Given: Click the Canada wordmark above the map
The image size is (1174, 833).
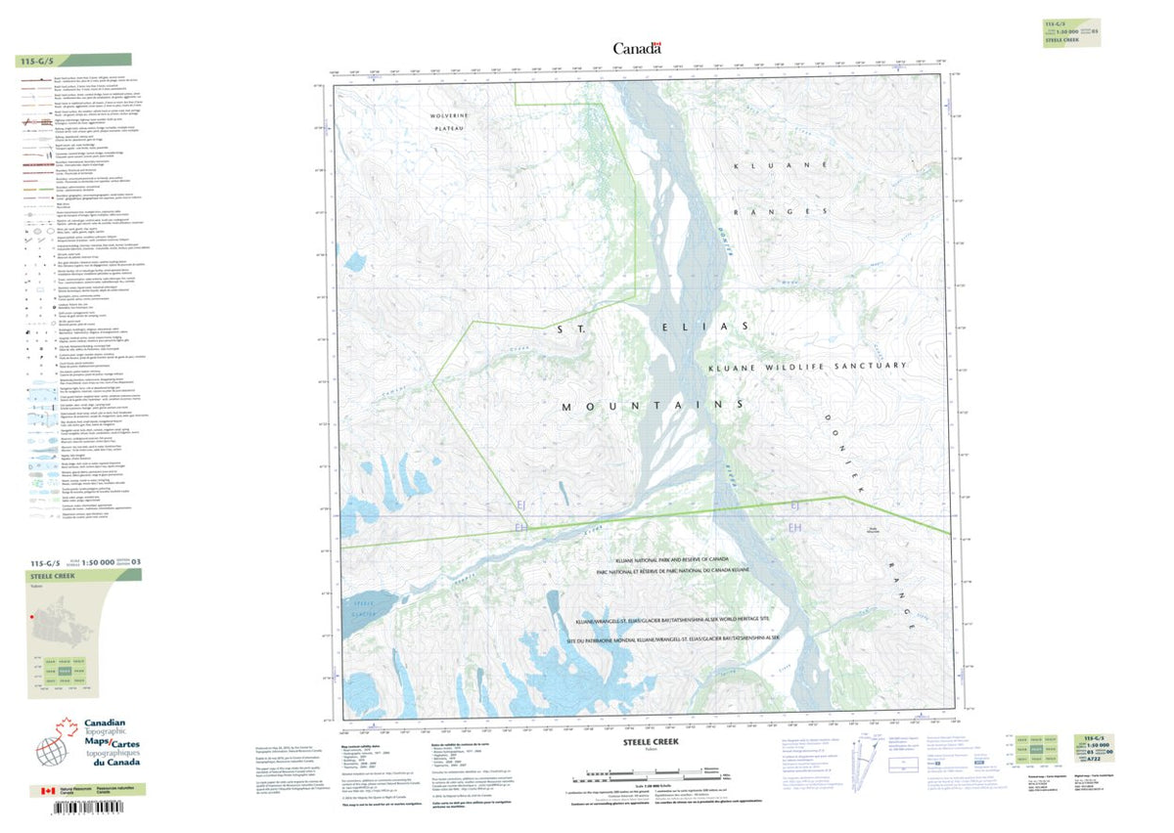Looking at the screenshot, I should click(637, 48).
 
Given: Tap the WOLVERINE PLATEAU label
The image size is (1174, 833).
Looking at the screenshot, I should click(451, 122).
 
